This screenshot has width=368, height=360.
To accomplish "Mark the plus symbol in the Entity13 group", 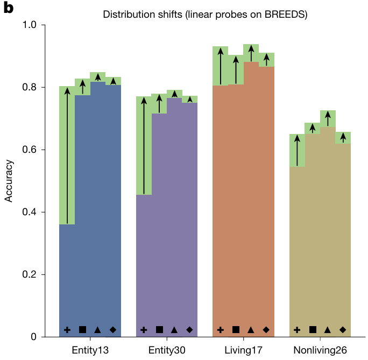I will click(x=67, y=330).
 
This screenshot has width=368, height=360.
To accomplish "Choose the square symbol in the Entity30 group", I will click(x=159, y=330).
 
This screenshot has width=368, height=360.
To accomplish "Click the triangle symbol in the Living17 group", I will click(x=251, y=330).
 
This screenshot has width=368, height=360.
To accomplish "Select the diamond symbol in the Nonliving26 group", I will click(x=343, y=330).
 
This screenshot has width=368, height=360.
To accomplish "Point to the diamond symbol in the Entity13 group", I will click(x=113, y=330).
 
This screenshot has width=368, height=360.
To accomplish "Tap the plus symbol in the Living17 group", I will click(x=221, y=330).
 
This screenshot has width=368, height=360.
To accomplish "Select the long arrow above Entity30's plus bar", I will click(x=144, y=145).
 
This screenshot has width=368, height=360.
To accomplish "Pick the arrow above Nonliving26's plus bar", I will click(x=297, y=150).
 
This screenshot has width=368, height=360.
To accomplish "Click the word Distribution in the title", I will click(x=126, y=15).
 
